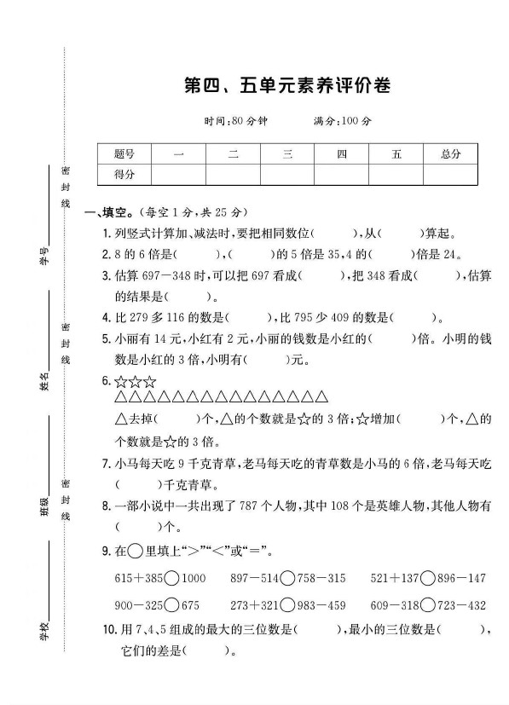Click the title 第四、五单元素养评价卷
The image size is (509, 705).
tap(280, 85)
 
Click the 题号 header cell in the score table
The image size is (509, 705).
tap(124, 153)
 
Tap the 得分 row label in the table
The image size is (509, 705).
tap(124, 174)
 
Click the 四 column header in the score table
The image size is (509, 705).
tap(341, 153)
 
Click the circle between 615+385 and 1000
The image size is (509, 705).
tap(171, 578)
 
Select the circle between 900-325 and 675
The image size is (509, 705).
tap(171, 605)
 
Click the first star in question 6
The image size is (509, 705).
tap(120, 381)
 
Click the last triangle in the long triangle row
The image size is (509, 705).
tap(321, 397)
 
